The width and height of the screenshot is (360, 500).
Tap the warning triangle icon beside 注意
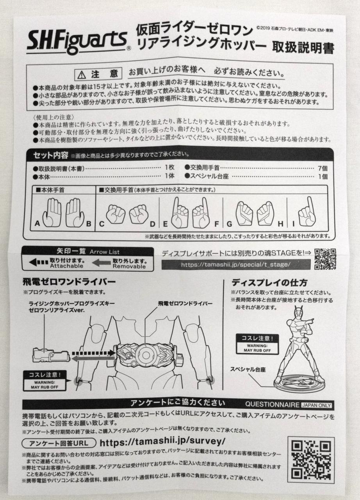[82, 75]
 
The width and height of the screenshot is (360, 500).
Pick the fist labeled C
[115, 214]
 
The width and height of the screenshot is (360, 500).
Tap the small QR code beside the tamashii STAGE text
[325, 259]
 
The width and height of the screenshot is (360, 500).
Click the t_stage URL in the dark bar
[235, 265]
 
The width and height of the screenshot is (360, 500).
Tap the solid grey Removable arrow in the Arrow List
[101, 263]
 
